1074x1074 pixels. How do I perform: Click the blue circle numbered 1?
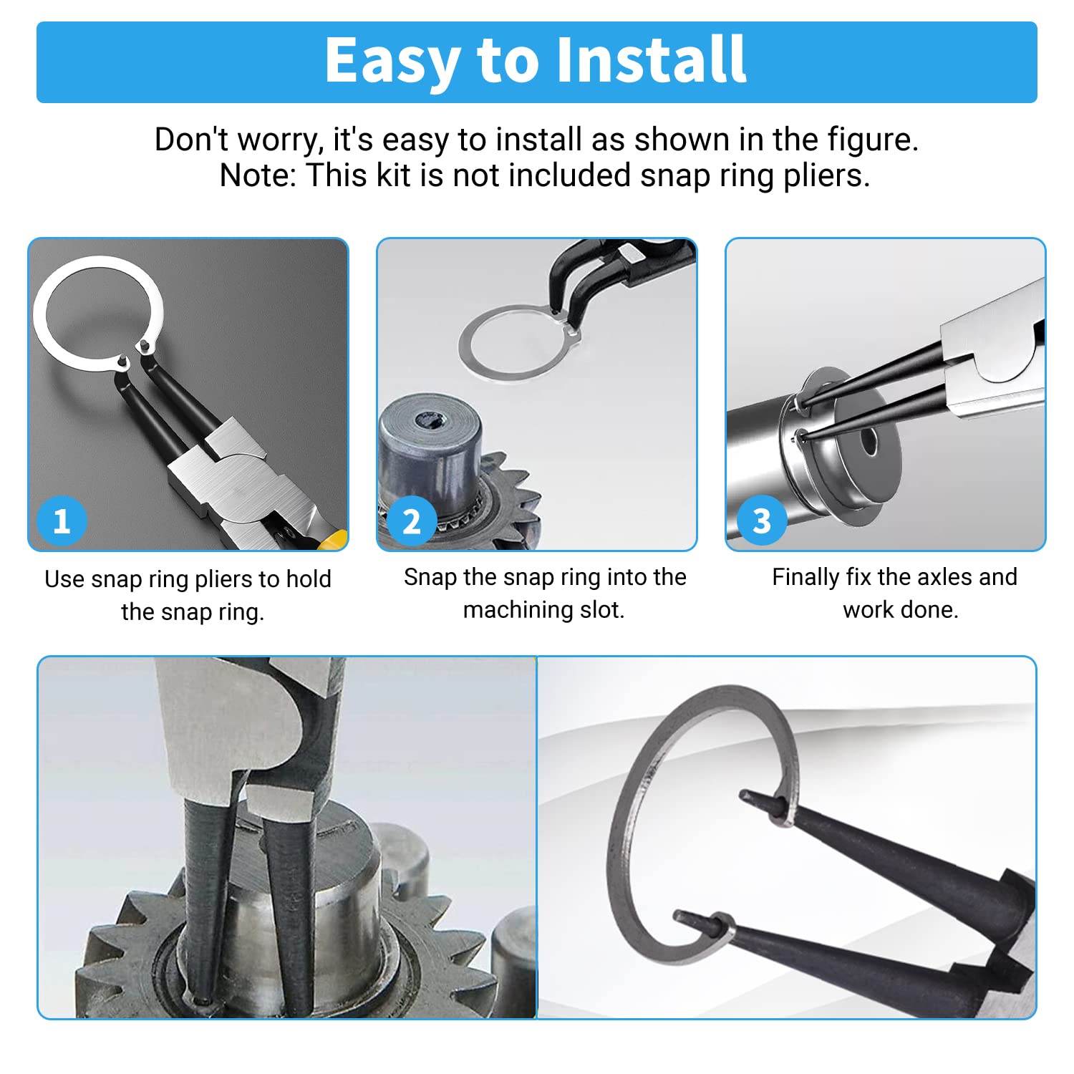pos(62,521)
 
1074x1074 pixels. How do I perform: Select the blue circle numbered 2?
pos(412,521)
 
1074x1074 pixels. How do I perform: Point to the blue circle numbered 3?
pos(761,521)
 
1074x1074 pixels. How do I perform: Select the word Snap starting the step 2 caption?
pos(430,578)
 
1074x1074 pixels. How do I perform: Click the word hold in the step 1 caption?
pos(309,579)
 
